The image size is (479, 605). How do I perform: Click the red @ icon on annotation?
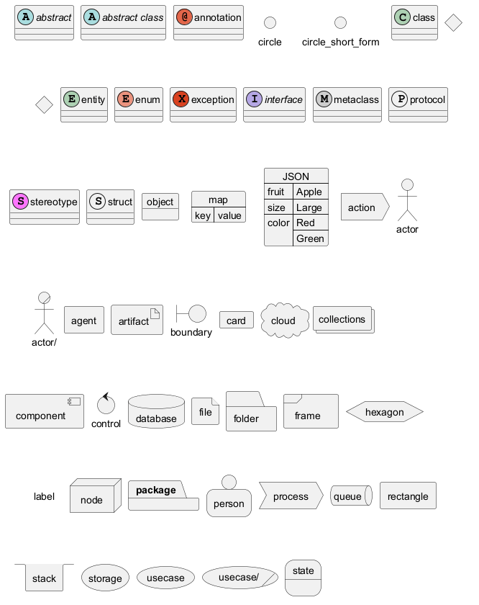click(184, 17)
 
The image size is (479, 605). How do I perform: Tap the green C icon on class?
click(403, 17)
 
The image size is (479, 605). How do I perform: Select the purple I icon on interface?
click(254, 99)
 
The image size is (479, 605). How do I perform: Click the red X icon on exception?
click(181, 99)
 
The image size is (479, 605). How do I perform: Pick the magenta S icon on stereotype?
click(20, 202)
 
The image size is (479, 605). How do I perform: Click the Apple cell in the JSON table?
click(309, 192)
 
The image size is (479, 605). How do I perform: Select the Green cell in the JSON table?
click(310, 238)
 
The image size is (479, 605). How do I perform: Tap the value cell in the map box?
click(229, 215)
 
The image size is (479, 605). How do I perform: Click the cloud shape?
click(283, 321)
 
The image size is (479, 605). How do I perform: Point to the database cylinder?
click(156, 412)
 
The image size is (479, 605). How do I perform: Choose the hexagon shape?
click(384, 412)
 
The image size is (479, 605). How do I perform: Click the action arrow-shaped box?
click(363, 207)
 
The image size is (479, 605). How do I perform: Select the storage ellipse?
click(105, 578)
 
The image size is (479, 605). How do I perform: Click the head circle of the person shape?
click(229, 482)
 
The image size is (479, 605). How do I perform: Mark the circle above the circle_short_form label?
click(340, 23)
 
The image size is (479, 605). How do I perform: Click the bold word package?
click(156, 490)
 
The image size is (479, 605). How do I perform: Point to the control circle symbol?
click(106, 405)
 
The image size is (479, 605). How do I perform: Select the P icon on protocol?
click(399, 99)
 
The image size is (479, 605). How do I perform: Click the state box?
click(304, 578)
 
